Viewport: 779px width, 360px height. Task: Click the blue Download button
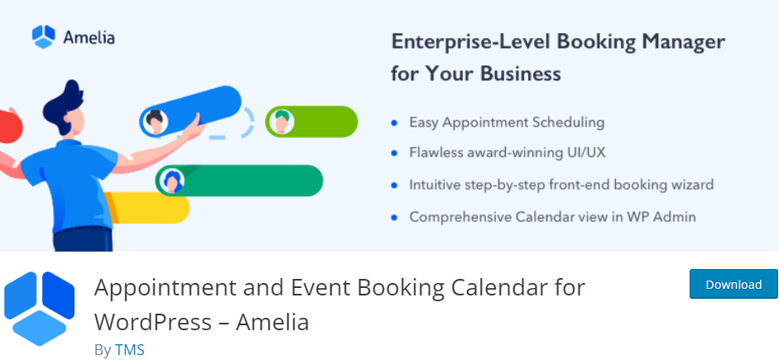pos(733,284)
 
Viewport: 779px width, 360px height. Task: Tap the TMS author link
pos(130,349)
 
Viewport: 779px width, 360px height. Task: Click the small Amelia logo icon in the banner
pos(43,36)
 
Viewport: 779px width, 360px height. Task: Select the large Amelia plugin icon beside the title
pos(39,309)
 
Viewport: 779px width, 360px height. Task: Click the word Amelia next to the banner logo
pos(89,37)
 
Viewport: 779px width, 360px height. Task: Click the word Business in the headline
pos(520,74)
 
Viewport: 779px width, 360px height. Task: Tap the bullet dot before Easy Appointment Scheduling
pos(395,122)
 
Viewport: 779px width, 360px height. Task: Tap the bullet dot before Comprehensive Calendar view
pos(395,217)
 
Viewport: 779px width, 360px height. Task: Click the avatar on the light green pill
pos(281,122)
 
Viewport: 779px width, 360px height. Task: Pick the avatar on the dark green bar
pos(172,180)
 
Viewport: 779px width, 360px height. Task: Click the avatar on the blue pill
pos(155,122)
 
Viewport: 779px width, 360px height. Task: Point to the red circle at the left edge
pos(9,127)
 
